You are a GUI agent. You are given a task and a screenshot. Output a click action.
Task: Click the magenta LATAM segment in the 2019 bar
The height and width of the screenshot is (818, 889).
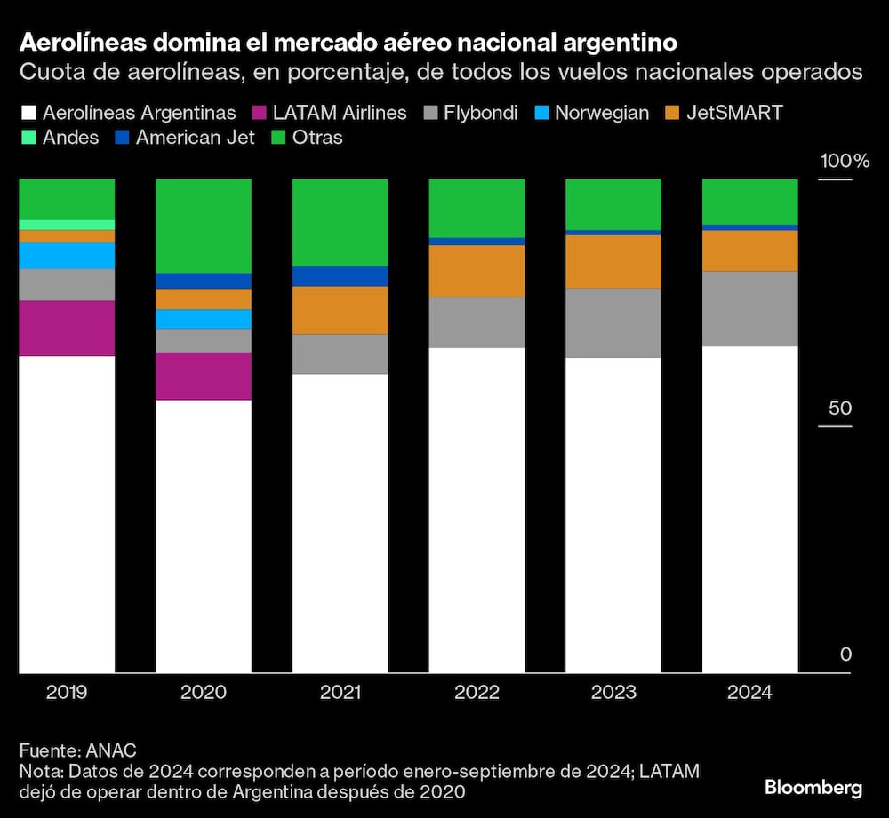[x=67, y=328]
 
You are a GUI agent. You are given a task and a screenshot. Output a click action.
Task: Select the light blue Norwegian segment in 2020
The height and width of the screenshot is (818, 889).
[x=204, y=319]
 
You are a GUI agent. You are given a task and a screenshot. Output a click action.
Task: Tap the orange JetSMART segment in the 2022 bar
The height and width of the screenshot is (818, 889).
[x=477, y=270]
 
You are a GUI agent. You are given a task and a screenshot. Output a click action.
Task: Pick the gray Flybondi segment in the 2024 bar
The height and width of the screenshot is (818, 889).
[x=749, y=308]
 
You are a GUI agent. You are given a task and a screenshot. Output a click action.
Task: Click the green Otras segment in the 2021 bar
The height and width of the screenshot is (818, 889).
[x=340, y=222]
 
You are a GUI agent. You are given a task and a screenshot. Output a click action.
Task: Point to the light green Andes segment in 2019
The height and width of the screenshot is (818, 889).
[x=67, y=225]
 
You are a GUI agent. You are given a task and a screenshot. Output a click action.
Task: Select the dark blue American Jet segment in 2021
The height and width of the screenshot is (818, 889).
[x=340, y=276]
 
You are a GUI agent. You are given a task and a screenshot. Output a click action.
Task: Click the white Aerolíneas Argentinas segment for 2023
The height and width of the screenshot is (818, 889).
[x=613, y=515]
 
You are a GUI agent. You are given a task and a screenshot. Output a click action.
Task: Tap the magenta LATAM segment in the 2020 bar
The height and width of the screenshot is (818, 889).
[x=204, y=376]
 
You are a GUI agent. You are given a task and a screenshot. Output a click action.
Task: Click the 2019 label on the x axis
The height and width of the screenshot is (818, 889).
[x=67, y=693]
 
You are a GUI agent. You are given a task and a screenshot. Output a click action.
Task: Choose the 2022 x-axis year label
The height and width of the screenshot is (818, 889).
[x=477, y=693]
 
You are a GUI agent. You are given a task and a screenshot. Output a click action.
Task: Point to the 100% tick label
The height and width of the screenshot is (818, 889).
[x=844, y=162]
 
